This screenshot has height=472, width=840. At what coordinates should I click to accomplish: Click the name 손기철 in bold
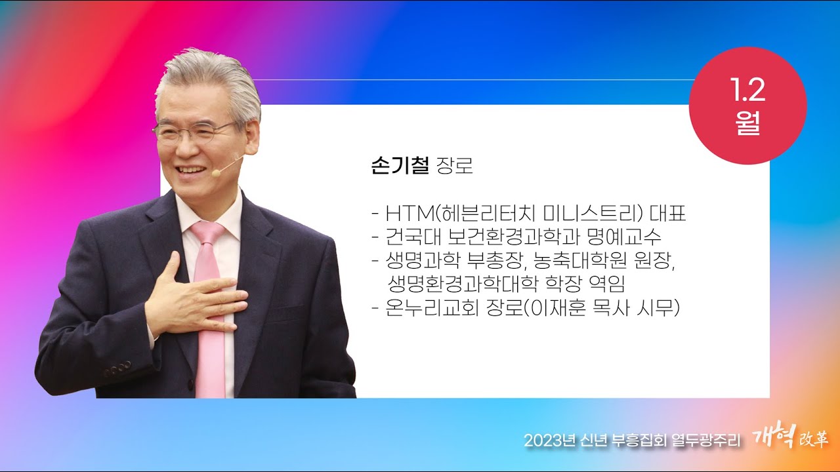click(x=400, y=167)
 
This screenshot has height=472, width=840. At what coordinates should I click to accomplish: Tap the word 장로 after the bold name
click(x=455, y=167)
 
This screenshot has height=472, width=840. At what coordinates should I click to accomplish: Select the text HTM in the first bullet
click(x=407, y=214)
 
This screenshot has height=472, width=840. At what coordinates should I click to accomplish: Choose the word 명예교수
click(x=635, y=237)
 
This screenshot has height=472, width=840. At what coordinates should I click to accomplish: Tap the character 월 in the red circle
click(x=748, y=124)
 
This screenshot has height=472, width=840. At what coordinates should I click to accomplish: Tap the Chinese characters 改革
click(x=813, y=440)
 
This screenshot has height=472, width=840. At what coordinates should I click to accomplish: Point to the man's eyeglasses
click(x=194, y=130)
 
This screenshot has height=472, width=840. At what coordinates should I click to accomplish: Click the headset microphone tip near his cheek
click(x=215, y=172)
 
